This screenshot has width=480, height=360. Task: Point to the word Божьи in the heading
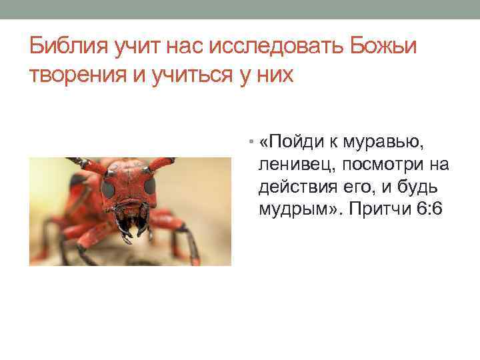(x=386, y=48)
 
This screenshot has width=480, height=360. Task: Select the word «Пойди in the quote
(x=289, y=141)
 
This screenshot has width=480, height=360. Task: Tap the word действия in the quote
(x=293, y=187)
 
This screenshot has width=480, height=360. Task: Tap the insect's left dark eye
(x=108, y=189)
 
